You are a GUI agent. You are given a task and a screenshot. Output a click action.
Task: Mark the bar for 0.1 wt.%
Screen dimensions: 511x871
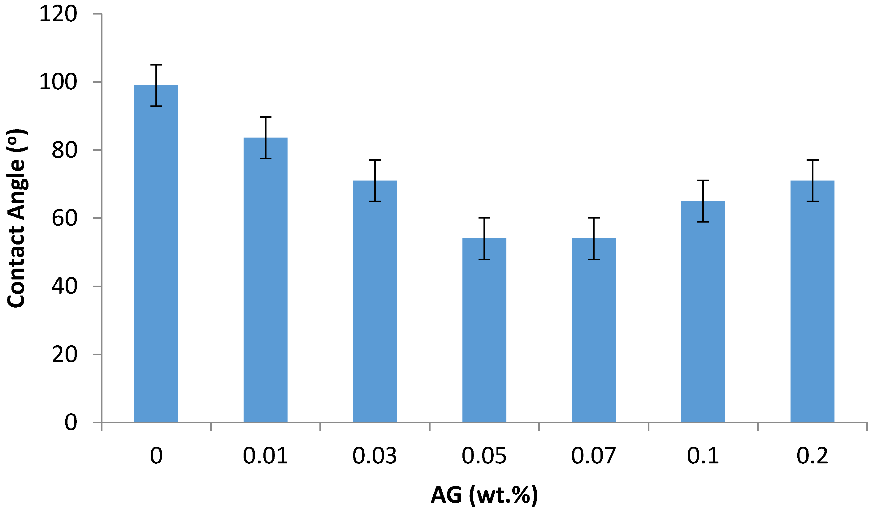(703, 318)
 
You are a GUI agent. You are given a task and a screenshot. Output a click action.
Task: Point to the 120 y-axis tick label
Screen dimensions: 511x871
(58, 15)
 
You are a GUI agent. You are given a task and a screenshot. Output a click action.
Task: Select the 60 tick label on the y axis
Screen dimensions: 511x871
(64, 218)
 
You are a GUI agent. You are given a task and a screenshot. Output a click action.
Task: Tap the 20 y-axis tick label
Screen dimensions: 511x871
(64, 354)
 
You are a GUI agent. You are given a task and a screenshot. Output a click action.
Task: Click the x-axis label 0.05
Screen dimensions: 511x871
(484, 456)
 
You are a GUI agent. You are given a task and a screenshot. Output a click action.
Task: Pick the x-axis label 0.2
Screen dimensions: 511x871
(812, 456)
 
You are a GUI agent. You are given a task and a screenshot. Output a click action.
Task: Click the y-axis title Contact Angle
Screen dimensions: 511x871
(17, 218)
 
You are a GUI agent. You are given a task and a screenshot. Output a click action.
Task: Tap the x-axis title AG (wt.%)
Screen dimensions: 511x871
(484, 495)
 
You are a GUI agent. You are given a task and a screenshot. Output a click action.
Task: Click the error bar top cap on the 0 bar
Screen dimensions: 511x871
(156, 65)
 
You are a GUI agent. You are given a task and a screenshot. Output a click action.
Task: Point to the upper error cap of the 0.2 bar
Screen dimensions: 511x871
(812, 160)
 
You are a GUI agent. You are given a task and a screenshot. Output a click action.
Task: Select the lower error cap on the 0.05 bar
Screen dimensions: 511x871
(484, 259)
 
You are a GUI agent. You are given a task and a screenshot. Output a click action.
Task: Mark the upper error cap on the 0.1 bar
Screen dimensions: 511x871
(703, 181)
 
